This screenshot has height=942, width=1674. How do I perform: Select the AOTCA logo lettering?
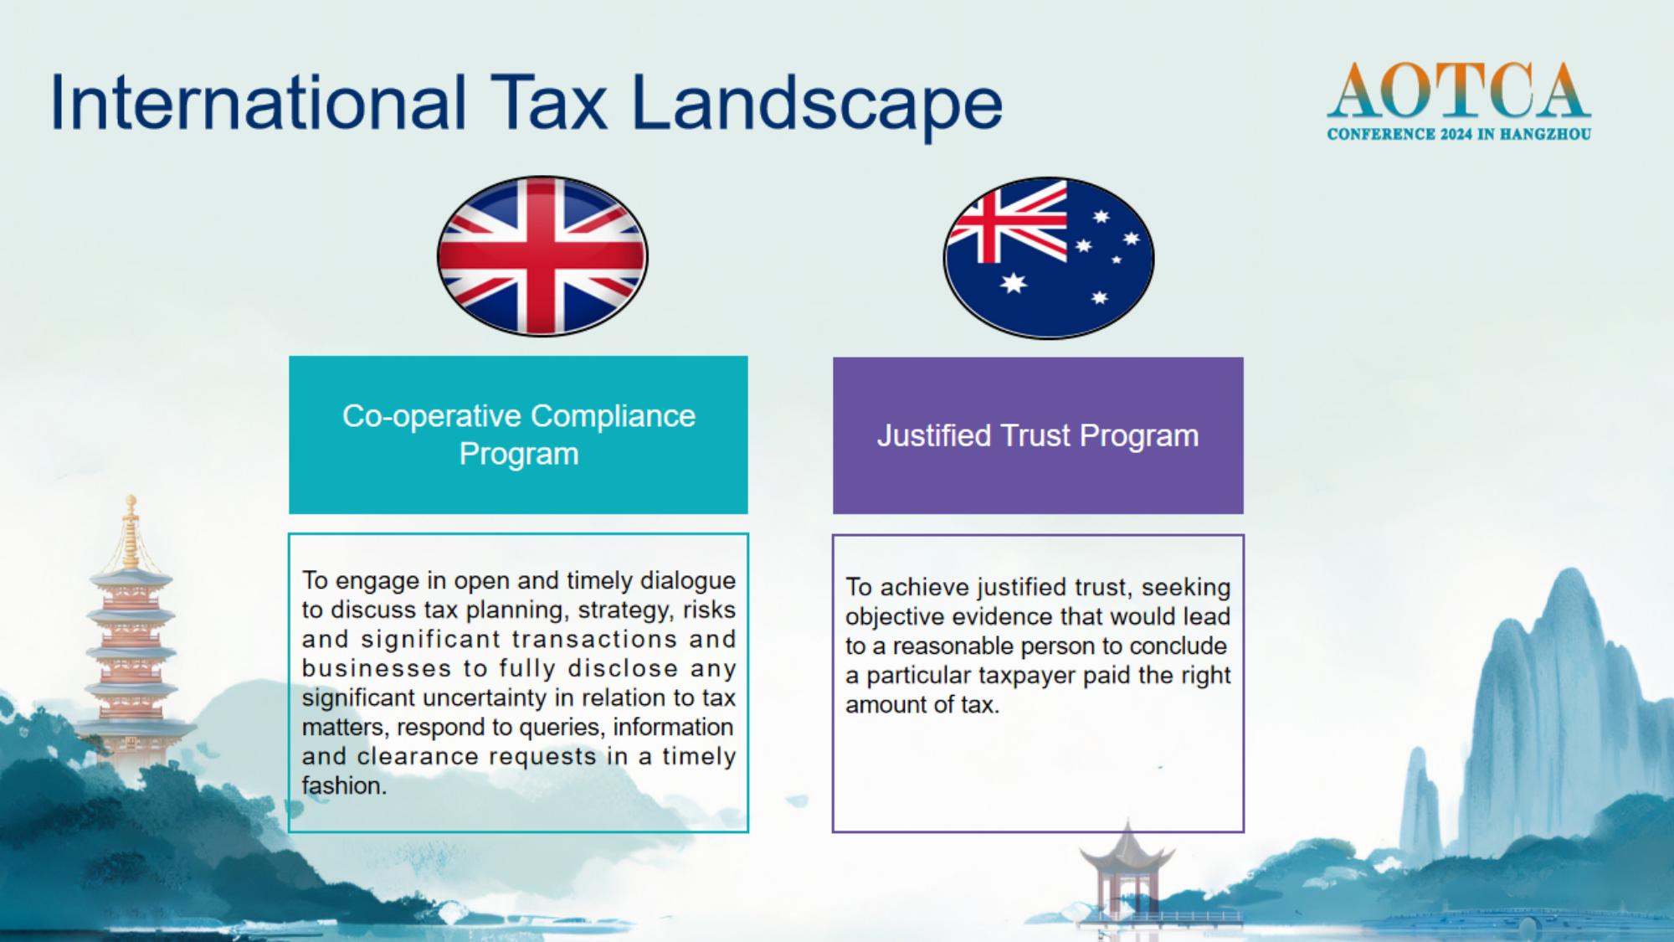coord(1459,90)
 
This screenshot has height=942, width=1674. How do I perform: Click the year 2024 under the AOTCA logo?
coord(1457,134)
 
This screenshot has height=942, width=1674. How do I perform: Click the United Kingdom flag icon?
coord(542,256)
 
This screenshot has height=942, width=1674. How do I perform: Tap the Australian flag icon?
coord(1049,258)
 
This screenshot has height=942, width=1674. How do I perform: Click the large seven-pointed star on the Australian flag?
coord(1014,283)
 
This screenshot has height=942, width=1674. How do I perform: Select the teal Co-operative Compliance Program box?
coord(518,435)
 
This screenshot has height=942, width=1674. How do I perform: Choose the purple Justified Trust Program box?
coord(1038,435)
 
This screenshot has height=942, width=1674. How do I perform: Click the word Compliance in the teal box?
coord(613,416)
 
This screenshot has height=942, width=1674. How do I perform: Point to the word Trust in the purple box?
coord(1035,435)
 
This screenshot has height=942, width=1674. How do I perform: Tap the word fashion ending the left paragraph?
coord(344,785)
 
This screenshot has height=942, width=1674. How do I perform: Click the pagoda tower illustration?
coord(131,636)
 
